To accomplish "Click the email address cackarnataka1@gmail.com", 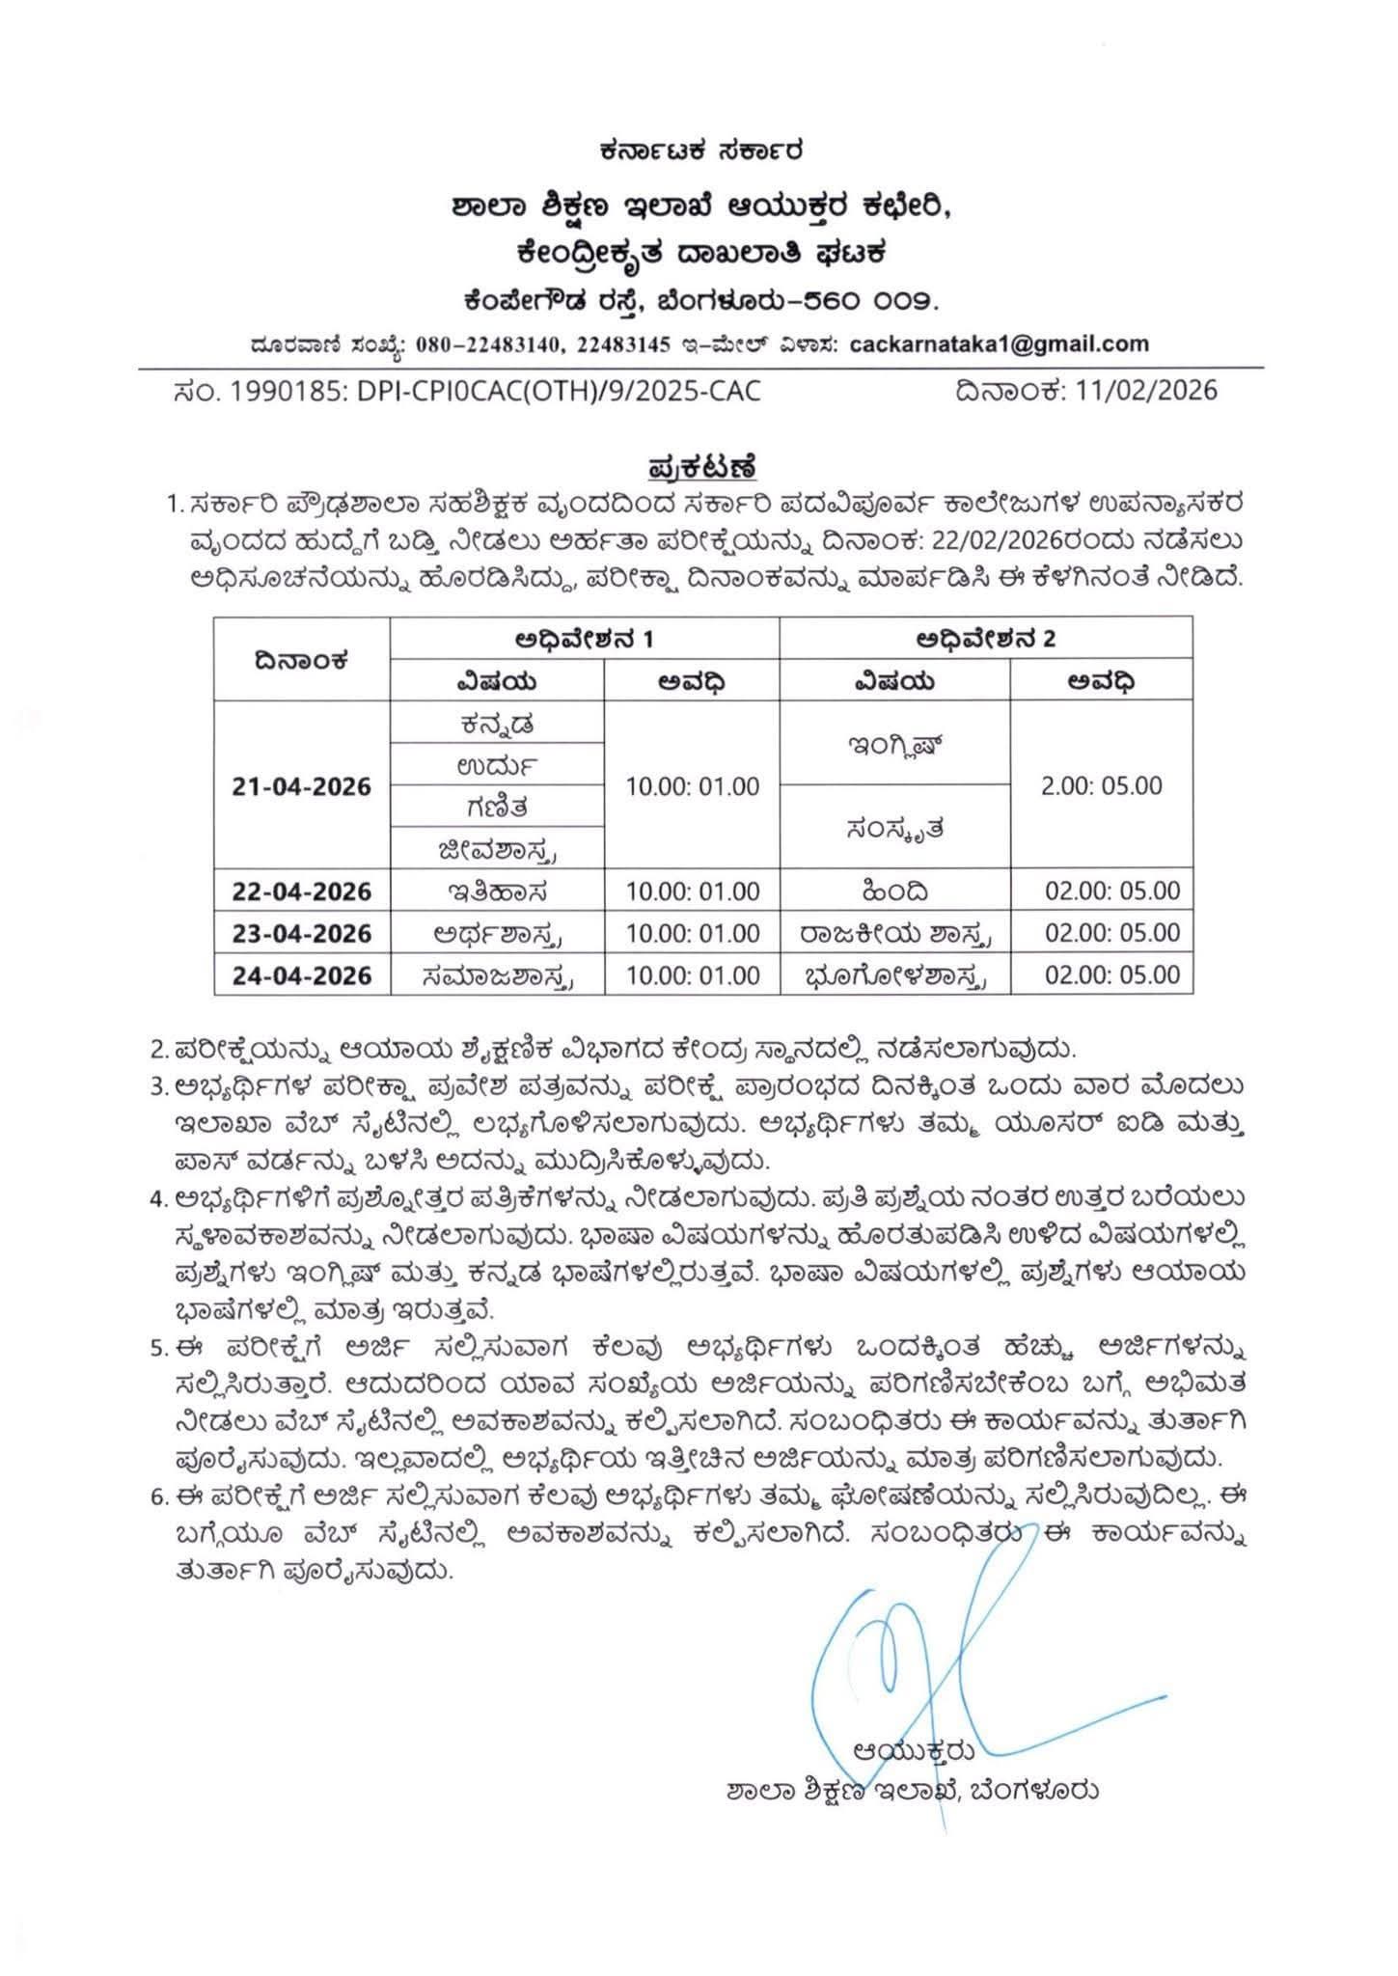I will tap(999, 343).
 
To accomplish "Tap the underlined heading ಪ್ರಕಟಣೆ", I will tap(700, 469).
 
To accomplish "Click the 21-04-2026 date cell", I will tap(302, 786).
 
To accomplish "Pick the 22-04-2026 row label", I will tap(302, 891).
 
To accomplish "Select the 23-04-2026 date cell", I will tap(302, 933).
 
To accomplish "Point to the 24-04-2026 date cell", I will tap(302, 975).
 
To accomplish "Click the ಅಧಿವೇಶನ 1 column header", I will tap(585, 639).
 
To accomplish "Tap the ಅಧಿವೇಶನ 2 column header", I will tap(985, 639).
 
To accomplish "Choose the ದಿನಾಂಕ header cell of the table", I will tap(302, 660).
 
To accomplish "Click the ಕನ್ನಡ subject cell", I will tap(497, 722).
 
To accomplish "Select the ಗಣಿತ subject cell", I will tap(497, 806).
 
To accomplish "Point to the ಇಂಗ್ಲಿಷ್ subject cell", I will tap(894, 743).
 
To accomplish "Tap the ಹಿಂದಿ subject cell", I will tap(894, 891).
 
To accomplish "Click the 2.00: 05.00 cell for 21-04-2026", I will tap(1101, 785).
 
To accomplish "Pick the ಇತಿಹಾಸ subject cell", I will tap(497, 891).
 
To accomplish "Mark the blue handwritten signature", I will tap(926, 1640).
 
